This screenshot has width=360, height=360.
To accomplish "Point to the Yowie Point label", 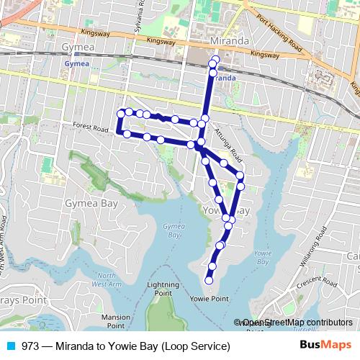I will click(x=209, y=298).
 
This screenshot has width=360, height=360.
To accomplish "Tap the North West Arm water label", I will click(x=107, y=279).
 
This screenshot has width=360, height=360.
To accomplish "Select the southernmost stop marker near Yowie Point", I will click(x=209, y=280).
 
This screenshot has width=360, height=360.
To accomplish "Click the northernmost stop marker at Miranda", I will click(x=214, y=59).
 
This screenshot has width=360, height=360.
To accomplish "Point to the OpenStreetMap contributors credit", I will click(x=297, y=323).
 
